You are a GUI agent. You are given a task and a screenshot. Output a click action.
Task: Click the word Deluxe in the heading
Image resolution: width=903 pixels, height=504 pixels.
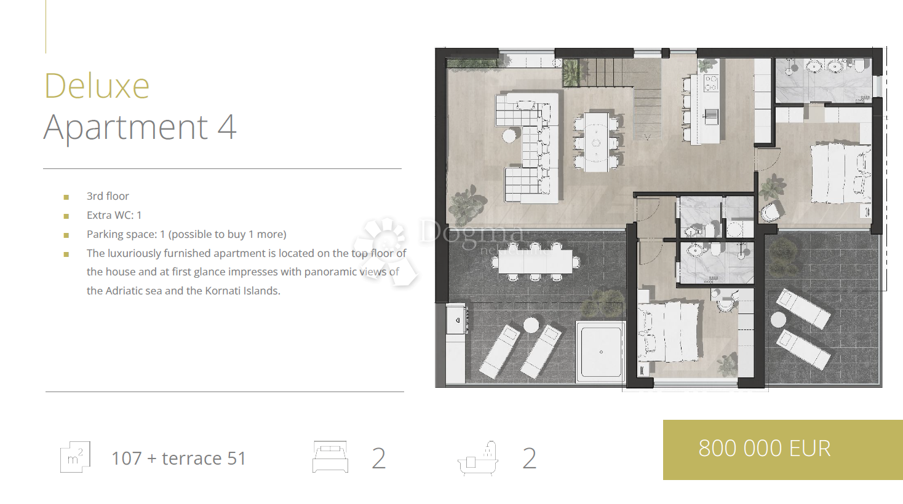(x=97, y=86)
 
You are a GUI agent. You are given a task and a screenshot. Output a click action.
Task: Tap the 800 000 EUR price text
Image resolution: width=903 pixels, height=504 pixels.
(x=765, y=448)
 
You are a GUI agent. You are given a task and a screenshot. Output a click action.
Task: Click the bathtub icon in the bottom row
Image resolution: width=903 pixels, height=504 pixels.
(x=478, y=459)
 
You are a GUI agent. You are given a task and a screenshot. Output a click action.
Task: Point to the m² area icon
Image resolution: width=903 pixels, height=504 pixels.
(x=75, y=457)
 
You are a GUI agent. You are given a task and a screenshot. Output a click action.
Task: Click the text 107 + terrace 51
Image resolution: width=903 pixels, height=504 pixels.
(x=178, y=458)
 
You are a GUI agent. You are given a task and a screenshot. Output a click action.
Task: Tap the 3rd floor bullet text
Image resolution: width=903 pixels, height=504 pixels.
(x=108, y=196)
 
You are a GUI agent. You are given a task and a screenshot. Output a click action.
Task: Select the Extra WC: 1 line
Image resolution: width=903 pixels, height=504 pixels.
(x=114, y=215)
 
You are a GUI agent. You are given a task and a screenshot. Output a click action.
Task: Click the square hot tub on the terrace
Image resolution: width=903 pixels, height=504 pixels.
(x=600, y=352)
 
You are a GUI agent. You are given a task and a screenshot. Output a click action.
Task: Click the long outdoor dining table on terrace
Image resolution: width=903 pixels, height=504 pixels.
(x=535, y=262)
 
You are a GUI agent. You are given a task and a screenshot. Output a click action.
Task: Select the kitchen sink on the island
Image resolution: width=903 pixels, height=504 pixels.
(x=710, y=116)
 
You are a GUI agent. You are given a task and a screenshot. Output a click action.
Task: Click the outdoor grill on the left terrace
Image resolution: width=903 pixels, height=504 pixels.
(x=457, y=320)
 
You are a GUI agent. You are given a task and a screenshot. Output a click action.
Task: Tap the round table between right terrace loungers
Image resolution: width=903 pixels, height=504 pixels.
(x=778, y=320)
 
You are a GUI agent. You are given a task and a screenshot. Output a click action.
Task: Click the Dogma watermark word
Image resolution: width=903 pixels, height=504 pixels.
(x=472, y=231)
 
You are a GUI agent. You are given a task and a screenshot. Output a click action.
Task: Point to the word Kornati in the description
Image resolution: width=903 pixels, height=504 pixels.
(x=223, y=291)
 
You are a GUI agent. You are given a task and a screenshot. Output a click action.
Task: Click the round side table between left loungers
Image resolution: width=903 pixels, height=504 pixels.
(x=531, y=325)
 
